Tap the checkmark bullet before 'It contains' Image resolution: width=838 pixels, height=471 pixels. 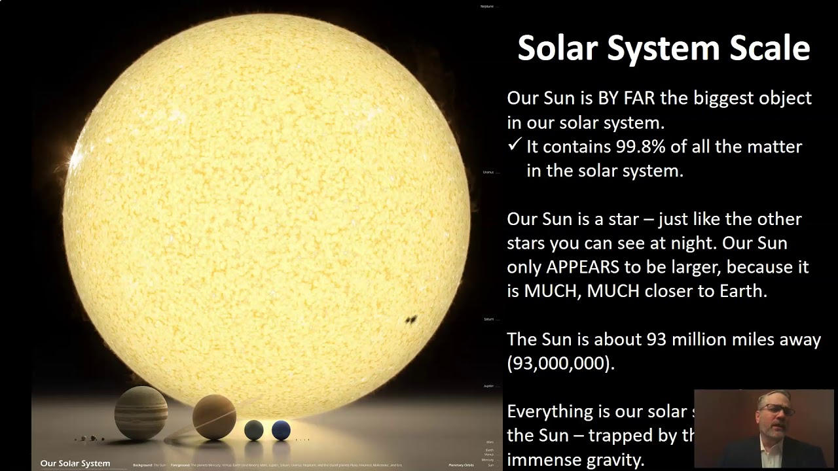pyautogui.click(x=515, y=145)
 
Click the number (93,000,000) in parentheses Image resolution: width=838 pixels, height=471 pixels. pyautogui.click(x=560, y=364)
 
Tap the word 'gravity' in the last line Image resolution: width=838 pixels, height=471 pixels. pyautogui.click(x=619, y=459)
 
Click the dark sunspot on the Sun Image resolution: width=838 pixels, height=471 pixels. pyautogui.click(x=411, y=320)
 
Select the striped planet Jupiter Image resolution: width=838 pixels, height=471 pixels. pyautogui.click(x=141, y=412)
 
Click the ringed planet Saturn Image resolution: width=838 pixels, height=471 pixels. pyautogui.click(x=213, y=417)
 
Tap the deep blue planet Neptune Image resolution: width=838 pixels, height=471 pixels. pyautogui.click(x=281, y=430)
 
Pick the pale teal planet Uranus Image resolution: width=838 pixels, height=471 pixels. pyautogui.click(x=253, y=430)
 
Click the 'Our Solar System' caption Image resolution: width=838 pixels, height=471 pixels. pyautogui.click(x=75, y=463)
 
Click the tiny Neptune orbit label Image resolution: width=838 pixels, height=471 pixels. pyautogui.click(x=486, y=7)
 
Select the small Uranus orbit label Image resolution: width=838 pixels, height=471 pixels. pyautogui.click(x=488, y=172)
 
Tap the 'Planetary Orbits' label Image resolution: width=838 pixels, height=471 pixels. pyautogui.click(x=461, y=464)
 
